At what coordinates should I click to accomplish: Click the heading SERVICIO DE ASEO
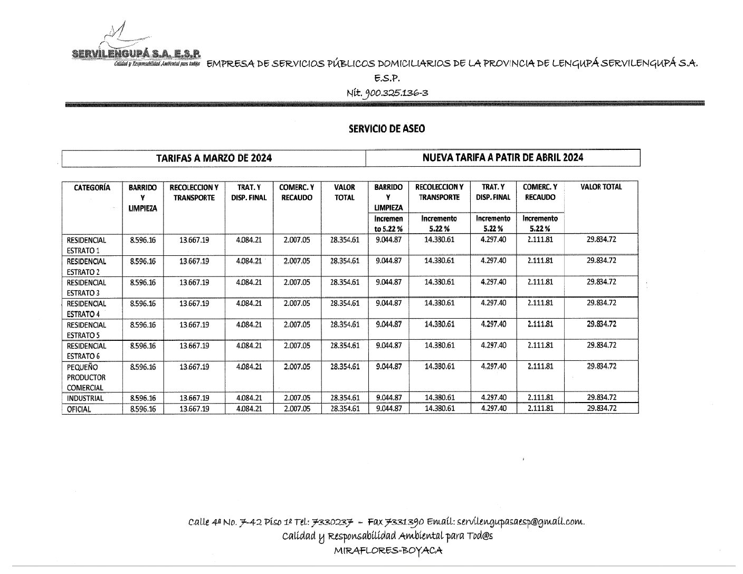pos(386,128)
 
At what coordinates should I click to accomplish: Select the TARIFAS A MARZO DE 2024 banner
pos(214,158)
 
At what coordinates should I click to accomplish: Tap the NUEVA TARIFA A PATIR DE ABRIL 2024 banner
pos(502,158)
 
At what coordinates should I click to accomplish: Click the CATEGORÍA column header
pos(92,187)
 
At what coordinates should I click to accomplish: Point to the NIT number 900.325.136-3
pos(387,93)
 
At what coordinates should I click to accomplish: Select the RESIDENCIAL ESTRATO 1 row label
pos(87,245)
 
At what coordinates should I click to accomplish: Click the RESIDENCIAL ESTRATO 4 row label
pos(87,309)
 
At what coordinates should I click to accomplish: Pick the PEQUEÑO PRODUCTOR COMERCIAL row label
pos(87,377)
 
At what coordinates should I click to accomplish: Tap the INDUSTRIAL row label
pos(85,398)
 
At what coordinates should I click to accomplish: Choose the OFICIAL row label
pos(79,409)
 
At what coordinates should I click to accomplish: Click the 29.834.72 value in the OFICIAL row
pos(601,408)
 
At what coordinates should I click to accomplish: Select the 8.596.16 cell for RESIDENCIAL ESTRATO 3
pos(142,282)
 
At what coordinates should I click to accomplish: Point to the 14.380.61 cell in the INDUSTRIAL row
pos(439,398)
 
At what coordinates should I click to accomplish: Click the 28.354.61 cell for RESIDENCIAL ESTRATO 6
pos(345,346)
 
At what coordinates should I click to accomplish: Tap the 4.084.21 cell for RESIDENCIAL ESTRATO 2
pos(249,261)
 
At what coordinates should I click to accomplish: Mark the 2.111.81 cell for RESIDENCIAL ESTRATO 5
pos(540,324)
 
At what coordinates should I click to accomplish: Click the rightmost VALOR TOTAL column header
pos(601,187)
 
